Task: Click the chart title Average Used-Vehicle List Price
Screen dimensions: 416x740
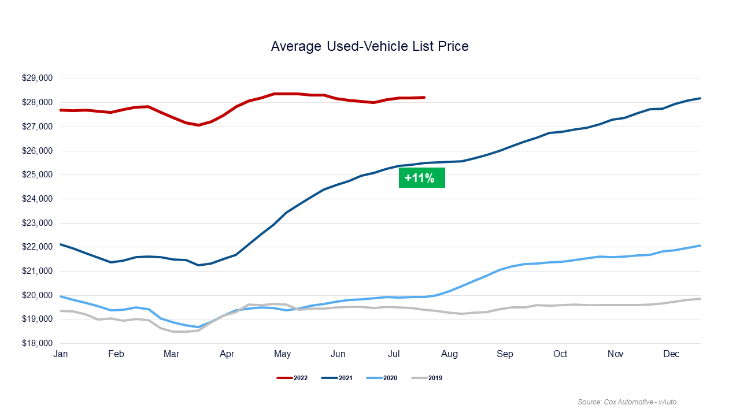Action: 370,46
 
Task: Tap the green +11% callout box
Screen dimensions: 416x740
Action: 421,178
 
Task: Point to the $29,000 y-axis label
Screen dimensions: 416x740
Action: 37,79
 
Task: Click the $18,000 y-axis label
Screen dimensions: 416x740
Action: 37,344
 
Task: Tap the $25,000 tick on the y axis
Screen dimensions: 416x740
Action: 37,175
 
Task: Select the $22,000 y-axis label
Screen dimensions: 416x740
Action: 37,247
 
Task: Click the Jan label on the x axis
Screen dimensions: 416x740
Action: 61,354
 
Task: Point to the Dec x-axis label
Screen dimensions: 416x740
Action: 671,354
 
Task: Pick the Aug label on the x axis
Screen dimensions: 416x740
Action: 449,354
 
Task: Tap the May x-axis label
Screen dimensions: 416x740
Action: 282,354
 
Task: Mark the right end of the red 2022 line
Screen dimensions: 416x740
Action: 424,97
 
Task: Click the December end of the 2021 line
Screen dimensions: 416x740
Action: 700,98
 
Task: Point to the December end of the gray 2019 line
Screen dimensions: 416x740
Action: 700,299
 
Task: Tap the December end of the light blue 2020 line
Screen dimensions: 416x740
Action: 700,246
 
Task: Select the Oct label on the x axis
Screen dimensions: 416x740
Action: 560,354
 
